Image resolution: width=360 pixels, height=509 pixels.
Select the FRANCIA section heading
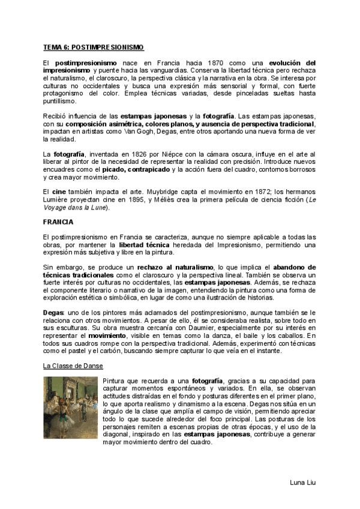pyautogui.click(x=59, y=221)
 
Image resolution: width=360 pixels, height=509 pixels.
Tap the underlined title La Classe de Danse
pyautogui.click(x=73, y=365)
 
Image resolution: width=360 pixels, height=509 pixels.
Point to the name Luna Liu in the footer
pyautogui.click(x=302, y=483)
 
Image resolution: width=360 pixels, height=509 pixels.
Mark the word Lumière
pyautogui.click(x=58, y=200)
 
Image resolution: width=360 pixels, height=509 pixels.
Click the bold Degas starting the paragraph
pyautogui.click(x=53, y=313)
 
